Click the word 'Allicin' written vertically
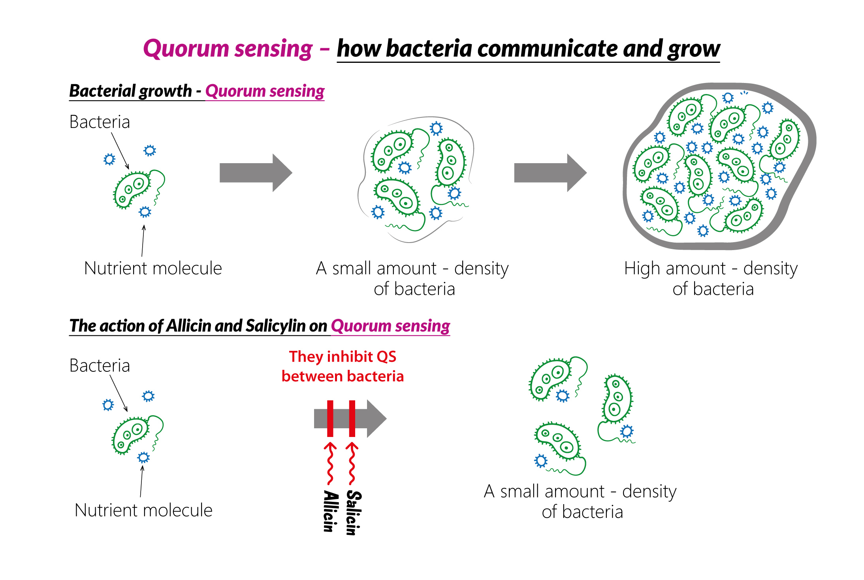331,511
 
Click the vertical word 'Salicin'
354,513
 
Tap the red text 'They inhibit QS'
343,356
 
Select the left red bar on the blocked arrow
330,418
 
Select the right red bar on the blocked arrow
352,418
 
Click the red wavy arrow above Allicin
330,463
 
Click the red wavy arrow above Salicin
352,463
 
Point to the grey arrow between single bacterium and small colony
256,173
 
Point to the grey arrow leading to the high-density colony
550,173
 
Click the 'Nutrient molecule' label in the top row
153,268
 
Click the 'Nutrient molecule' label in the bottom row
143,510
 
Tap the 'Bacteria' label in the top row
100,122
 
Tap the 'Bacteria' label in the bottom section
100,366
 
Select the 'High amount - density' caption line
711,269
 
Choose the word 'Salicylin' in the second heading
276,326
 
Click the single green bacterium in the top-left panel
139,189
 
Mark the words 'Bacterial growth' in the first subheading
130,91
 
